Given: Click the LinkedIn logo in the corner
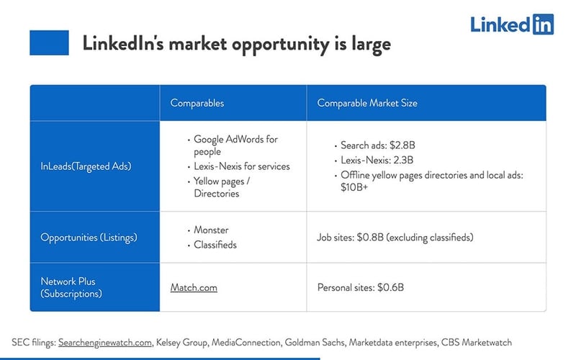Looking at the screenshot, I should [512, 24].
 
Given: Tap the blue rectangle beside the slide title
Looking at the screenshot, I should [49, 43].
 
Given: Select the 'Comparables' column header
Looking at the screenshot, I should [197, 103].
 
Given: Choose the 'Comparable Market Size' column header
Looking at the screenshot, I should [367, 103].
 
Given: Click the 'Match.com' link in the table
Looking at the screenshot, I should [194, 287].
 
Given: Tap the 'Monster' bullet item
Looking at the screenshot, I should [211, 230].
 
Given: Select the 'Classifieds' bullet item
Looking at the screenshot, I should [215, 245].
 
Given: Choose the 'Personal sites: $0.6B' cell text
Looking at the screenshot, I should [360, 287].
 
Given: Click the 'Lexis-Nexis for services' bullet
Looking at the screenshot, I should [241, 166].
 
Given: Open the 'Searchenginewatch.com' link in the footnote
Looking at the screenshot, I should [106, 342].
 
